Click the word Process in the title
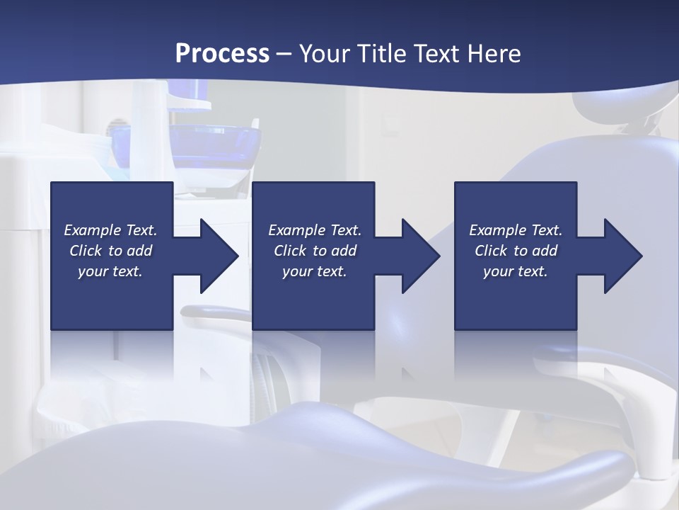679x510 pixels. tap(222, 54)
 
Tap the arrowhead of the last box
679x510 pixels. tap(622, 256)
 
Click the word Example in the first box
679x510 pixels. tap(92, 230)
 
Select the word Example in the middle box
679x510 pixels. tap(296, 230)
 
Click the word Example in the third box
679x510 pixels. tap(497, 230)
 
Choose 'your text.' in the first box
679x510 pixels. tap(110, 271)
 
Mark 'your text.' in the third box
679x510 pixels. tap(516, 271)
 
